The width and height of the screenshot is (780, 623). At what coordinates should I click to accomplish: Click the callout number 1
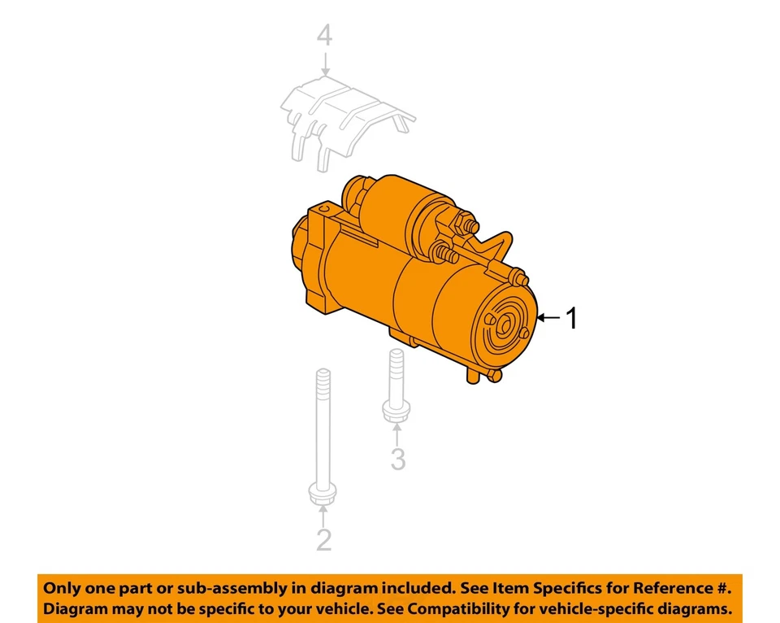click(x=572, y=318)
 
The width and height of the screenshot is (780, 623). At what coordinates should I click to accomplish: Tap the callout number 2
click(x=323, y=538)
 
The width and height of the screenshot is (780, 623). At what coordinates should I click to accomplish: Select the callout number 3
click(x=397, y=459)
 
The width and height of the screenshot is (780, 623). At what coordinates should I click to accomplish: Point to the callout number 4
click(x=325, y=35)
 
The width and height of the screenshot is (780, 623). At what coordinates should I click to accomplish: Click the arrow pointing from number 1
click(x=551, y=318)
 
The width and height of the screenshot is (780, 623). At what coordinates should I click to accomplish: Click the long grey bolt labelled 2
click(x=323, y=431)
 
